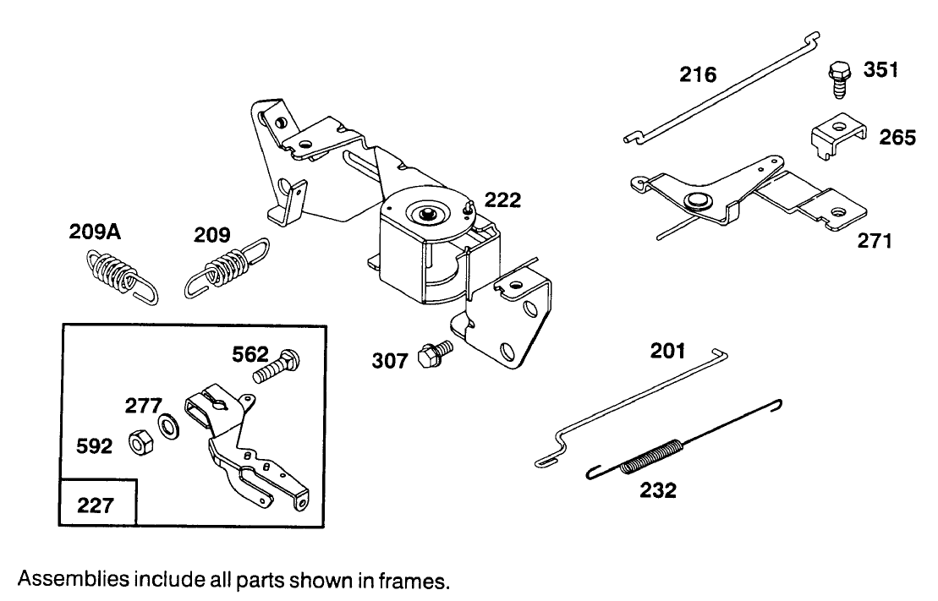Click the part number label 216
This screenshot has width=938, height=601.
click(x=698, y=74)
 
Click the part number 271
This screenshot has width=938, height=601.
click(x=875, y=242)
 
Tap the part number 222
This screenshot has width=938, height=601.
click(x=502, y=199)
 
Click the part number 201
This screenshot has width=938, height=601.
click(x=667, y=351)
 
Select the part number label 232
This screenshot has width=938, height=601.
click(x=658, y=489)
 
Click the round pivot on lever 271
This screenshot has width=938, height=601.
click(x=696, y=199)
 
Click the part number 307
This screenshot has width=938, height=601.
click(x=389, y=361)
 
